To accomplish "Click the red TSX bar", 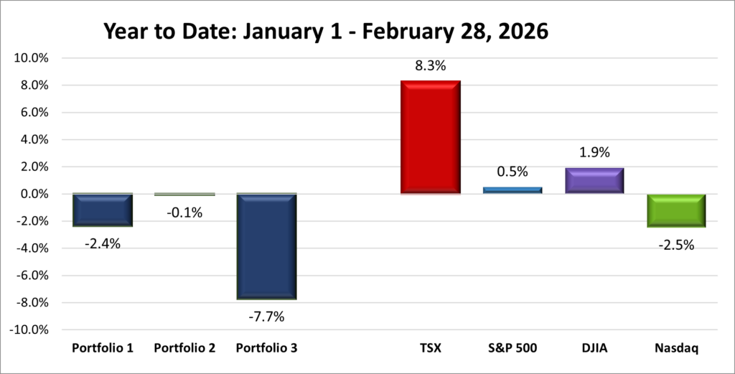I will coord(430,137).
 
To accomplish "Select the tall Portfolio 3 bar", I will coord(266,246).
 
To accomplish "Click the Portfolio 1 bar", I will coord(103,210).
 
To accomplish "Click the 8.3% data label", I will coord(430,66).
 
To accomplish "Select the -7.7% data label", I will coord(266,316).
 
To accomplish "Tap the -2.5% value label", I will coord(676,245).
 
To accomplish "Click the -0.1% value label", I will coord(184,212).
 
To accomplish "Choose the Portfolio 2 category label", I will coord(184,348).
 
